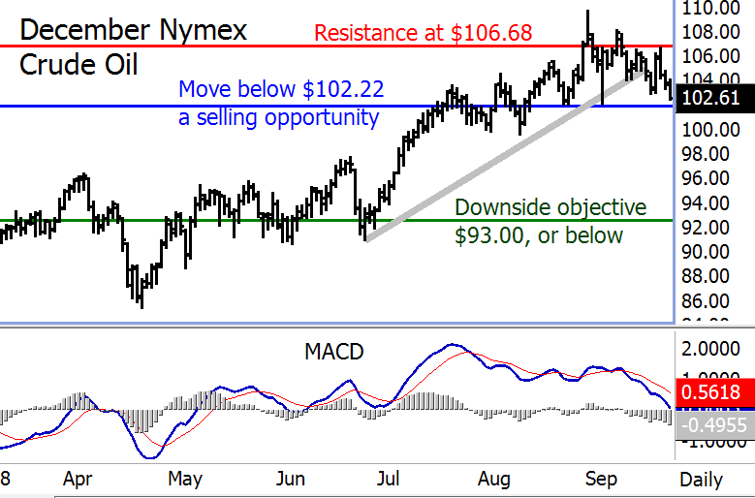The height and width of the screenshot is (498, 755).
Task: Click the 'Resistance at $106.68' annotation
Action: click(x=424, y=33)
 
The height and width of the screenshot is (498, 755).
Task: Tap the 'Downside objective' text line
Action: click(x=551, y=207)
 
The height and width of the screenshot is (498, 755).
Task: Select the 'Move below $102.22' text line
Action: click(x=281, y=91)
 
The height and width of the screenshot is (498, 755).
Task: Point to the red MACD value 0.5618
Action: click(x=712, y=392)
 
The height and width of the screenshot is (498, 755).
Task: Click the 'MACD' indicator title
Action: click(x=333, y=352)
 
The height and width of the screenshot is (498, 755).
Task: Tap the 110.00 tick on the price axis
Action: click(x=712, y=9)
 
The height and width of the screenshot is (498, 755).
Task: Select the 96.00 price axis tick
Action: click(x=712, y=178)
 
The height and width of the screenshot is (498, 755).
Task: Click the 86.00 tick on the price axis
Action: click(x=712, y=300)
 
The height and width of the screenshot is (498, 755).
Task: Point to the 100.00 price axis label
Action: click(x=712, y=129)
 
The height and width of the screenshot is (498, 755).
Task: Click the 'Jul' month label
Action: click(x=388, y=479)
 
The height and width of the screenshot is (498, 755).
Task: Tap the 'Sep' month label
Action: click(x=602, y=479)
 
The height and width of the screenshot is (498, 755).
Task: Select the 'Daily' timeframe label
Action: click(x=701, y=479)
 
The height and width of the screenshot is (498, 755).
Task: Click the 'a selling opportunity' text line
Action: click(x=278, y=118)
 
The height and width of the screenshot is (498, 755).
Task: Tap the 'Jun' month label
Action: click(x=291, y=479)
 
